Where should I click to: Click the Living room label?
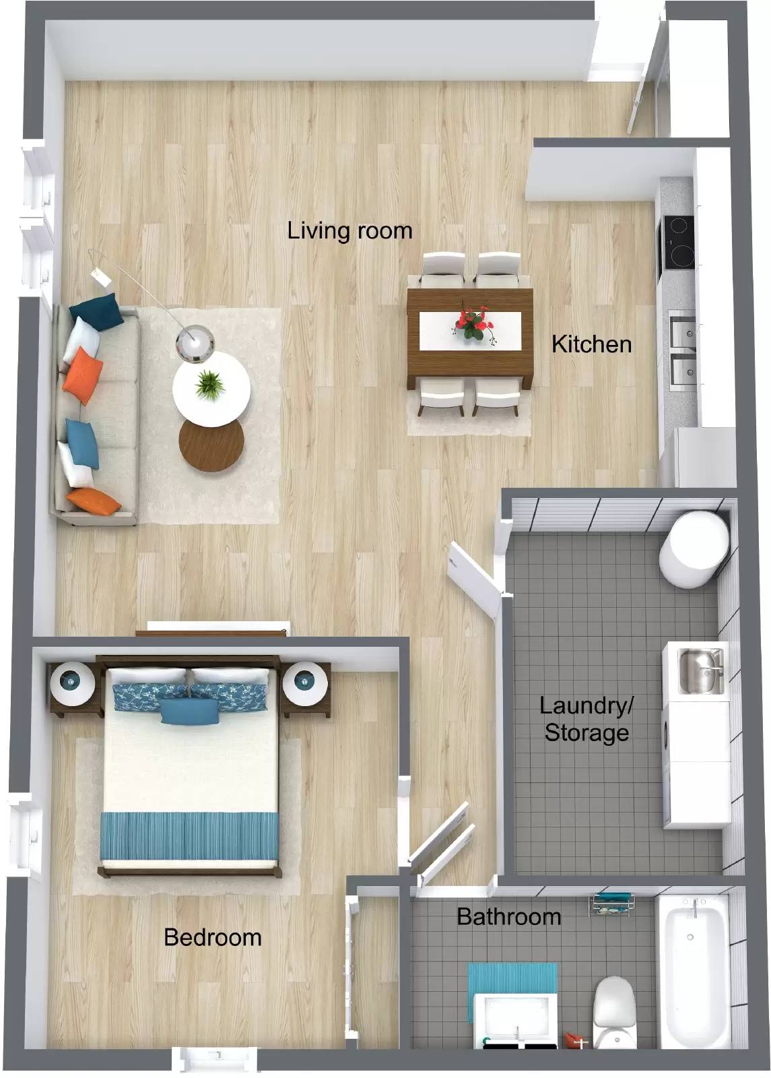pyautogui.click(x=349, y=230)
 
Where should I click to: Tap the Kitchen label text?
pyautogui.click(x=591, y=344)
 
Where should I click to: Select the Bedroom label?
pyautogui.click(x=212, y=937)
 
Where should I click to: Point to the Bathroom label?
pyautogui.click(x=508, y=916)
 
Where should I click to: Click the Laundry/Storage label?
pyautogui.click(x=586, y=719)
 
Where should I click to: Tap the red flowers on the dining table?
pyautogui.click(x=473, y=323)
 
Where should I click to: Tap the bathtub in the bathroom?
pyautogui.click(x=694, y=970)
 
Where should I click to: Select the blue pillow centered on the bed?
pyautogui.click(x=190, y=711)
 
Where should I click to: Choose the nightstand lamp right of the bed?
pyautogui.click(x=305, y=683)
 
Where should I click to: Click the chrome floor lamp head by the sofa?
pyautogui.click(x=195, y=342)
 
